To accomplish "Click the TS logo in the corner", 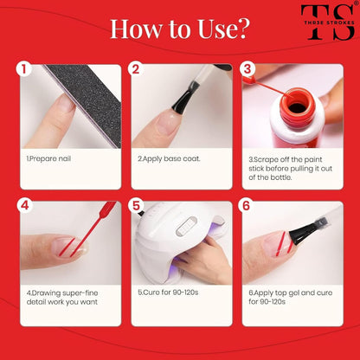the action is (328, 22).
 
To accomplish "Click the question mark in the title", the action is (241, 29).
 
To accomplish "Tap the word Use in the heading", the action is (214, 29).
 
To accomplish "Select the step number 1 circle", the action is (23, 69).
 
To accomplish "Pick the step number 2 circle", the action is (136, 69).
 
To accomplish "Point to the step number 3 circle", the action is (247, 69).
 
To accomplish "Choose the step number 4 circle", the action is (25, 206).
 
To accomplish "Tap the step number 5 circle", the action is (136, 206).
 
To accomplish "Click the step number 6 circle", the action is (246, 206).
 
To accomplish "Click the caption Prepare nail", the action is (48, 158).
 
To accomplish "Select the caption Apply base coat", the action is (169, 158).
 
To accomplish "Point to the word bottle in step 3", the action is (280, 177).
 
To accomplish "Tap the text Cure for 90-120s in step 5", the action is (168, 292).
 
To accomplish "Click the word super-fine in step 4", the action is (82, 293).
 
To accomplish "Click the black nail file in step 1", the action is (86, 103).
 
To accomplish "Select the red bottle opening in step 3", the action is (297, 106).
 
